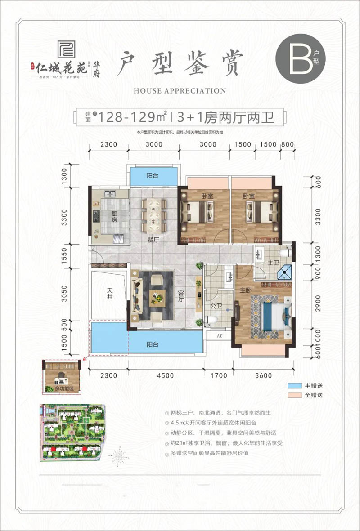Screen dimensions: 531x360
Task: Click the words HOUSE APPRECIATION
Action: click(180, 91)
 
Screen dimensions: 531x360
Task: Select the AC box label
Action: click(220, 335)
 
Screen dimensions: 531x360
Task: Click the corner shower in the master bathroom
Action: click(284, 272)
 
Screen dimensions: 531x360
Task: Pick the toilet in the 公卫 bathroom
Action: click(211, 320)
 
